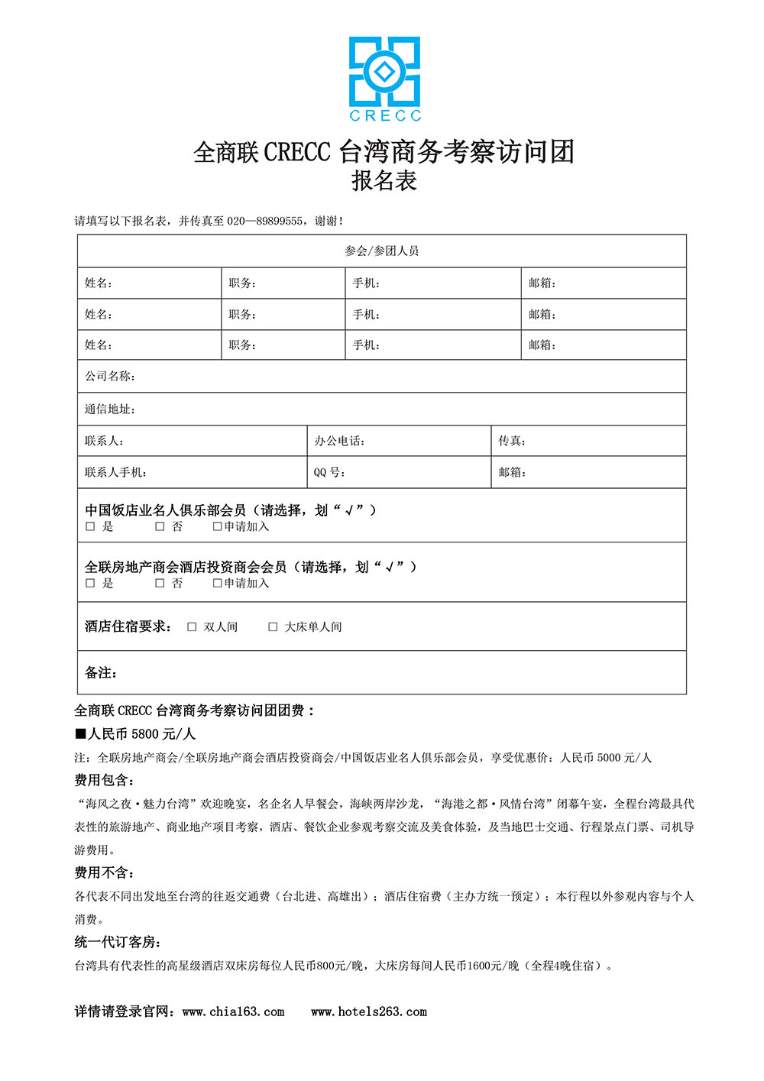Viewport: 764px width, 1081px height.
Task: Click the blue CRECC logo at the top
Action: click(384, 78)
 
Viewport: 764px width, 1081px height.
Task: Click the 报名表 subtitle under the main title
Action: click(384, 181)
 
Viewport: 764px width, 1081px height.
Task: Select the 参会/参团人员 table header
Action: click(381, 251)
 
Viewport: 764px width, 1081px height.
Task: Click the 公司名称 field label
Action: click(109, 376)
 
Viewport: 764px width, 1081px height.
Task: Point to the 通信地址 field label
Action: click(109, 409)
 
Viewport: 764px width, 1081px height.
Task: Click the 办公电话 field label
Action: click(338, 441)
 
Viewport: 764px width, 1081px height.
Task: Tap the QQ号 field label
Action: click(329, 472)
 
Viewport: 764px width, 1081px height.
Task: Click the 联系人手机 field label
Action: click(115, 472)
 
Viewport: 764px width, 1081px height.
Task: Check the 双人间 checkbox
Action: click(192, 626)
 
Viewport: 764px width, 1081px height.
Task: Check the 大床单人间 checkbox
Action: click(273, 626)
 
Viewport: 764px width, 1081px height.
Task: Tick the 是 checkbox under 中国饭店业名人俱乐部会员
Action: click(90, 526)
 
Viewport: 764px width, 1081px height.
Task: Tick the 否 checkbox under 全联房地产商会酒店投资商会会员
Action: click(160, 583)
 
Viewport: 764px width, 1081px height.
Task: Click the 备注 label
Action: click(100, 672)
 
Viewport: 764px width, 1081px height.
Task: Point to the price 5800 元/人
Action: click(163, 734)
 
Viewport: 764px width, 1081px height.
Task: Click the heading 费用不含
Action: click(104, 872)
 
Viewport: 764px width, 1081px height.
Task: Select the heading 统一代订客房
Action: click(117, 942)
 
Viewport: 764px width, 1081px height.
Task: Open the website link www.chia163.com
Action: click(233, 1011)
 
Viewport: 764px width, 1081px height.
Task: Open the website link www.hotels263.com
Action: click(369, 1011)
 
